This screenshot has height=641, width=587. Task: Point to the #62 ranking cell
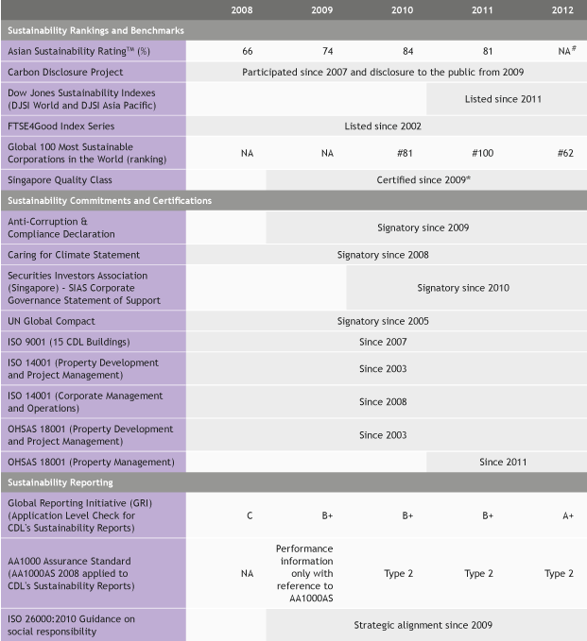[565, 152]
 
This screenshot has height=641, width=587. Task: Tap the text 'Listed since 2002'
[383, 126]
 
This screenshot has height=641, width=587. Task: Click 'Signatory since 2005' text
[383, 321]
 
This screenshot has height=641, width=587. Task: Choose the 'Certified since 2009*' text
[424, 178]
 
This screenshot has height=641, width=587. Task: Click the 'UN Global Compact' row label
[51, 321]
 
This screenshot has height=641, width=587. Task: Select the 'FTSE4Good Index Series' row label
[60, 126]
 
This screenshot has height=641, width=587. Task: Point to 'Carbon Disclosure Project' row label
[65, 72]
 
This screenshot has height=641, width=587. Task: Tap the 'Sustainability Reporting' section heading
[60, 482]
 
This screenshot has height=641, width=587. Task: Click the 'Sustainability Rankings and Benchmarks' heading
[95, 30]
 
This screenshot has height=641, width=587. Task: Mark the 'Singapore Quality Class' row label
[61, 178]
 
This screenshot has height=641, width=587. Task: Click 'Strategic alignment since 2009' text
[423, 625]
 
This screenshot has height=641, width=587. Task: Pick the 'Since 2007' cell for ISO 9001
[383, 342]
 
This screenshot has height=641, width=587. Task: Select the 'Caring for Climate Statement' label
[74, 255]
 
